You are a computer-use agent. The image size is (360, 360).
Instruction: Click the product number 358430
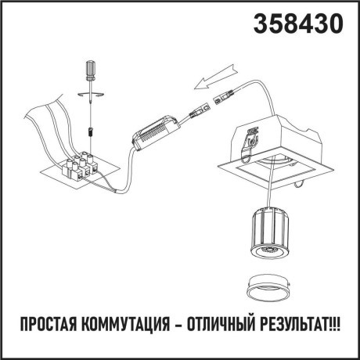point(298,25)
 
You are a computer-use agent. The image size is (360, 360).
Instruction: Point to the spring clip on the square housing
point(251,138)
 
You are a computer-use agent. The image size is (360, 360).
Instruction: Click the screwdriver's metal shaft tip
point(92,110)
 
